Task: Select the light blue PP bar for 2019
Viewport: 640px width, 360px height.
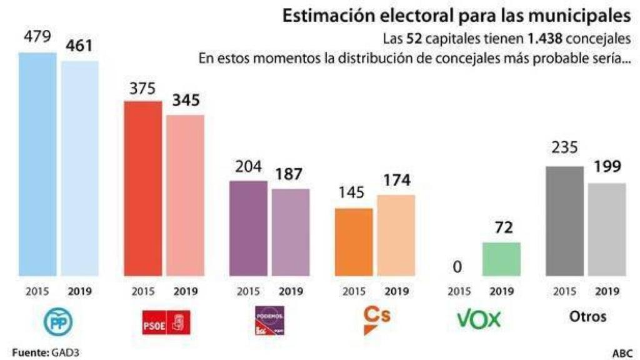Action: [79, 168]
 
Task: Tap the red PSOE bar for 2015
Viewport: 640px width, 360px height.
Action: [143, 188]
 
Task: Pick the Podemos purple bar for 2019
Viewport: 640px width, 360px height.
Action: [291, 232]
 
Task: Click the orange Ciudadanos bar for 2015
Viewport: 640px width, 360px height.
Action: [354, 242]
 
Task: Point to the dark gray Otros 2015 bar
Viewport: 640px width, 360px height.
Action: [564, 221]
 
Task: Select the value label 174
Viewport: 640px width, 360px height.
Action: [396, 181]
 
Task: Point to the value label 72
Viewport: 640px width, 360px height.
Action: [501, 228]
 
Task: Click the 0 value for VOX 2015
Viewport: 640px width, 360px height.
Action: [458, 267]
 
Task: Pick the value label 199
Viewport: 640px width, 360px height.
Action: [606, 167]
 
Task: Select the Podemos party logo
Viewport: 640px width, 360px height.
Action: [269, 321]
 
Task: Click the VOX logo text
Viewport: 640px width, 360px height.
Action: [479, 320]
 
